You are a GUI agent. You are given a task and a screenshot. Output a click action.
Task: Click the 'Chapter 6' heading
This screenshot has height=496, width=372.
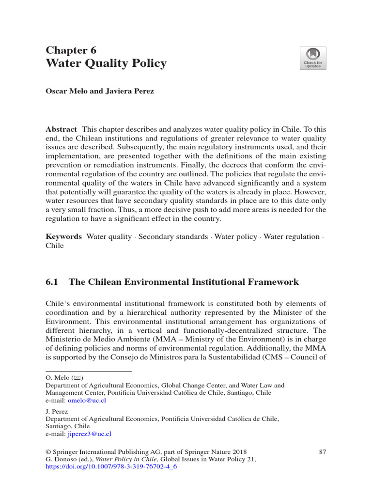pos(71,50)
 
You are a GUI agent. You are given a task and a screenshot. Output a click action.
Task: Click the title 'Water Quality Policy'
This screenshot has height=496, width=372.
pos(106,63)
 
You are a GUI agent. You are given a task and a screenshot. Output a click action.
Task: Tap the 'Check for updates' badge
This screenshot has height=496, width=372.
pos(313,58)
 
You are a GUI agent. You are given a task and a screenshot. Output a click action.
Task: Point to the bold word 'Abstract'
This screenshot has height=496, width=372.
pos(61,129)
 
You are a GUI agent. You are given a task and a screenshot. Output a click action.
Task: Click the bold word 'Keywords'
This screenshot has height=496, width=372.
pos(63,236)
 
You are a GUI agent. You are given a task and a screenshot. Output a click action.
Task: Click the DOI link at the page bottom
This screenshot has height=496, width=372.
pos(111,468)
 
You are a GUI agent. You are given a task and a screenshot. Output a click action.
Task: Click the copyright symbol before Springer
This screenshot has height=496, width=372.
pos(47,451)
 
